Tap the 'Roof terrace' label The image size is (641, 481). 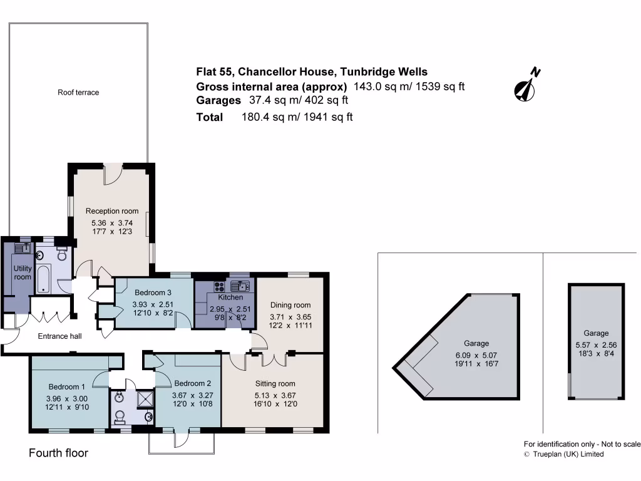78,93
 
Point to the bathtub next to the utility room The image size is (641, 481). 44,279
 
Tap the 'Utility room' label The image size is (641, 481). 23,273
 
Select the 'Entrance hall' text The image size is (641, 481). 59,336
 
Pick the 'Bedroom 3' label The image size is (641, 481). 152,292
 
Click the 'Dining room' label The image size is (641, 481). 290,305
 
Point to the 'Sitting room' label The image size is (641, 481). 275,383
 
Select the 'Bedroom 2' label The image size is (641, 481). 192,383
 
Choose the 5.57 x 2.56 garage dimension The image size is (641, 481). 595,344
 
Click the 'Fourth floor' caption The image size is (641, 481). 59,453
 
